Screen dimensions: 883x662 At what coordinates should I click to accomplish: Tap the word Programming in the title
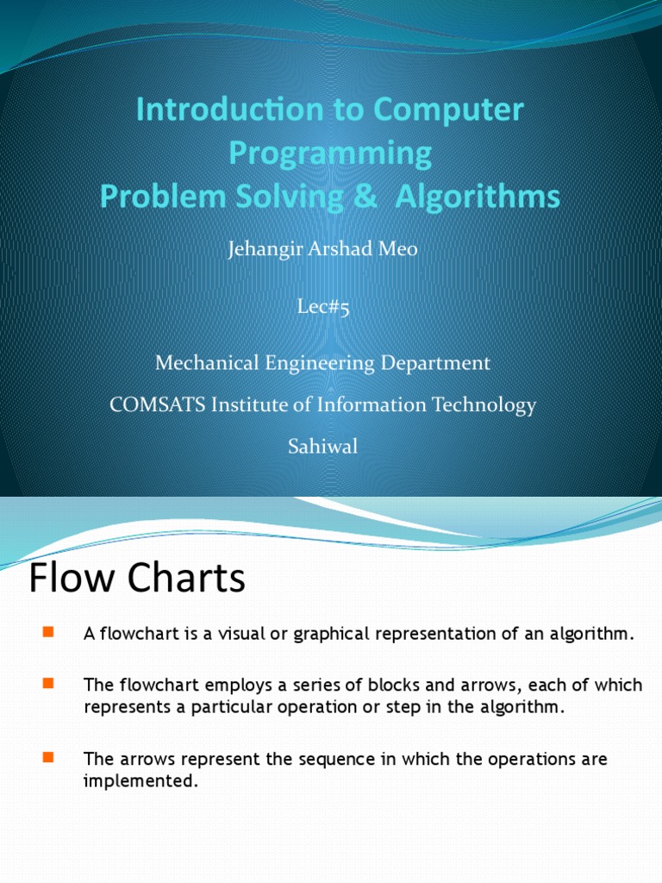pyautogui.click(x=330, y=153)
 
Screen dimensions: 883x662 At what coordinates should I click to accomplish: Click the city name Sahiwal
pyautogui.click(x=322, y=447)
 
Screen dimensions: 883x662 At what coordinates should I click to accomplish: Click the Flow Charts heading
pyautogui.click(x=137, y=579)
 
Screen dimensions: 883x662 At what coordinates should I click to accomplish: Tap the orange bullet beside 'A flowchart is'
pyautogui.click(x=47, y=634)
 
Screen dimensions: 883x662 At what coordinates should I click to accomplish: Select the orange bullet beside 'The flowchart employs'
pyautogui.click(x=47, y=685)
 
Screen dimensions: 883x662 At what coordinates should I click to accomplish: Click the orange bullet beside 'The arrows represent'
pyautogui.click(x=47, y=759)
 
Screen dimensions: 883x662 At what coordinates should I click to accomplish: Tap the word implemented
pyautogui.click(x=141, y=781)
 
